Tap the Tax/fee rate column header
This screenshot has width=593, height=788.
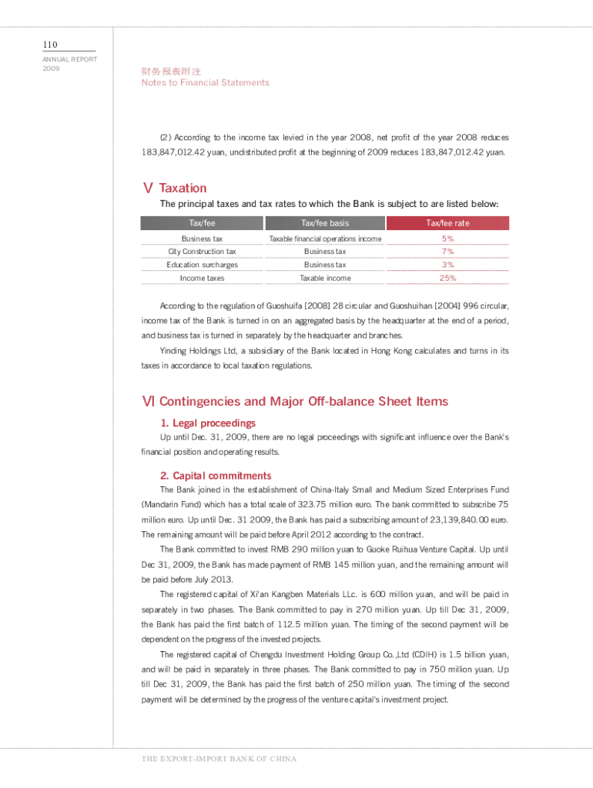(447, 223)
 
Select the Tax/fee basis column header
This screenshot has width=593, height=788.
(324, 223)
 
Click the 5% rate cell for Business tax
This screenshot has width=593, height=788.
(447, 239)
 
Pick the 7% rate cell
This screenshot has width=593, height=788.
(447, 252)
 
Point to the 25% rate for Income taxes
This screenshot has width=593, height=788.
(447, 278)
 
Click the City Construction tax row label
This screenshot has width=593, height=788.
(202, 252)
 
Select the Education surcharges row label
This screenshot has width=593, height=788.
(202, 265)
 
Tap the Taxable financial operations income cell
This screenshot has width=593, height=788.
(324, 239)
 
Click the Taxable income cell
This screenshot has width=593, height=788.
(324, 278)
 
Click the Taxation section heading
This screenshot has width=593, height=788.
(182, 188)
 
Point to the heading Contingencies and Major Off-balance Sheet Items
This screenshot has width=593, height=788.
(303, 402)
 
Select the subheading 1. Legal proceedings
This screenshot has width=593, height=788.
(208, 423)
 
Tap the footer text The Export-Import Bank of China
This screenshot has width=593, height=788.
(219, 759)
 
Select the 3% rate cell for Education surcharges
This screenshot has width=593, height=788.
(447, 265)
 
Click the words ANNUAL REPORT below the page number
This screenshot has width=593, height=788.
(70, 59)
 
